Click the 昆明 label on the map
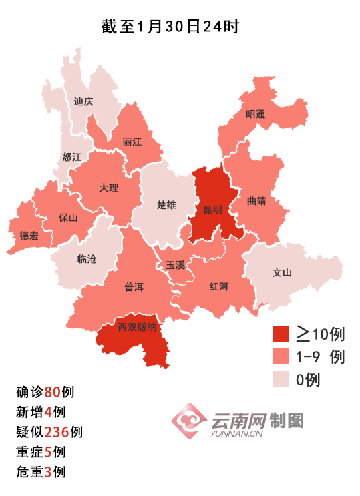point(213,209)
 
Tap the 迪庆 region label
point(83,102)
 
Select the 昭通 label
point(255,114)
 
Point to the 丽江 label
point(132,142)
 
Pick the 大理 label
point(108,188)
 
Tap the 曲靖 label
point(256,200)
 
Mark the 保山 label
point(68,218)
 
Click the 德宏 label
point(29,235)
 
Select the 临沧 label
point(87,259)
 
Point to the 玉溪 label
point(175,265)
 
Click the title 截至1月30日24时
point(170,27)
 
